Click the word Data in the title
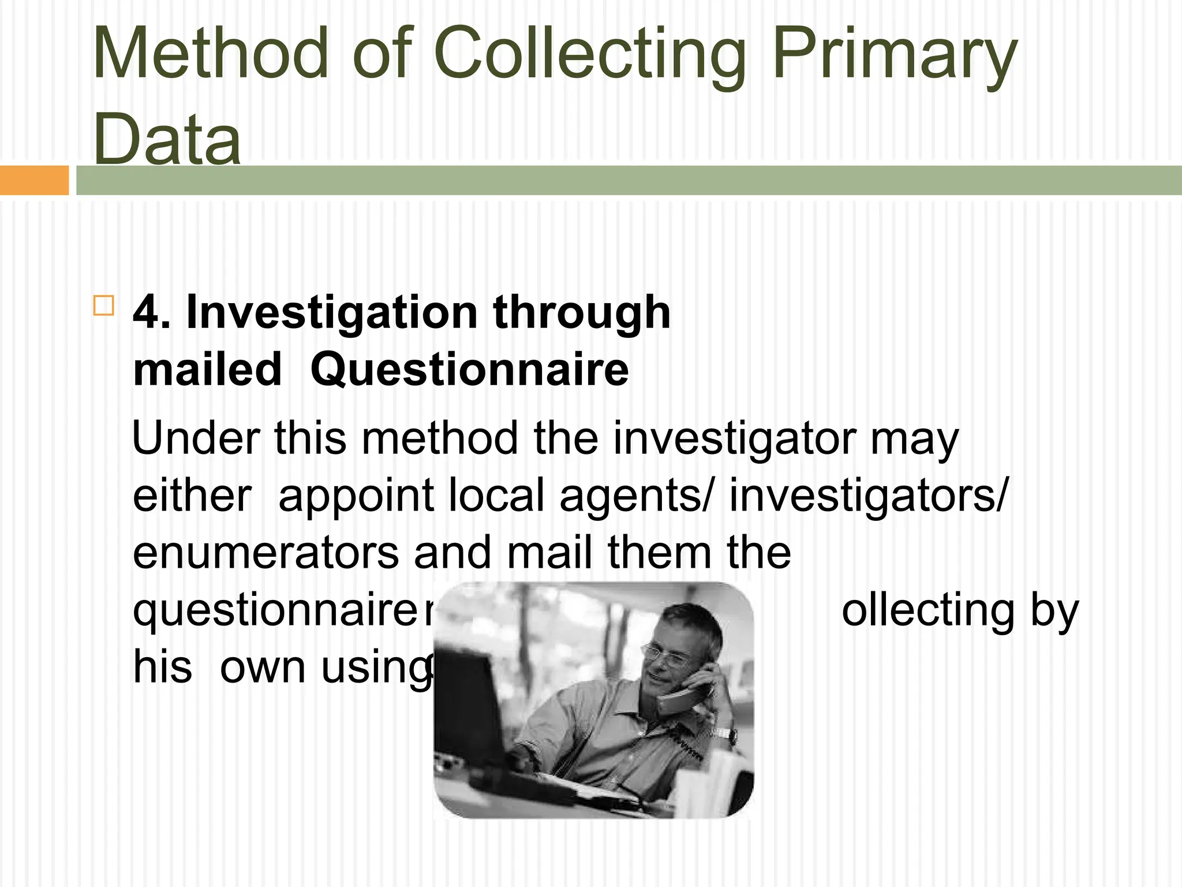coord(167,139)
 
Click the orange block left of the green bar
coord(34,180)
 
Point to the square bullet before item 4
coord(103,305)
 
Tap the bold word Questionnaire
coord(469,370)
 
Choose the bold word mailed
coord(207,370)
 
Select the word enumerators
coord(266,553)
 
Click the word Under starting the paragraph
coord(196,438)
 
